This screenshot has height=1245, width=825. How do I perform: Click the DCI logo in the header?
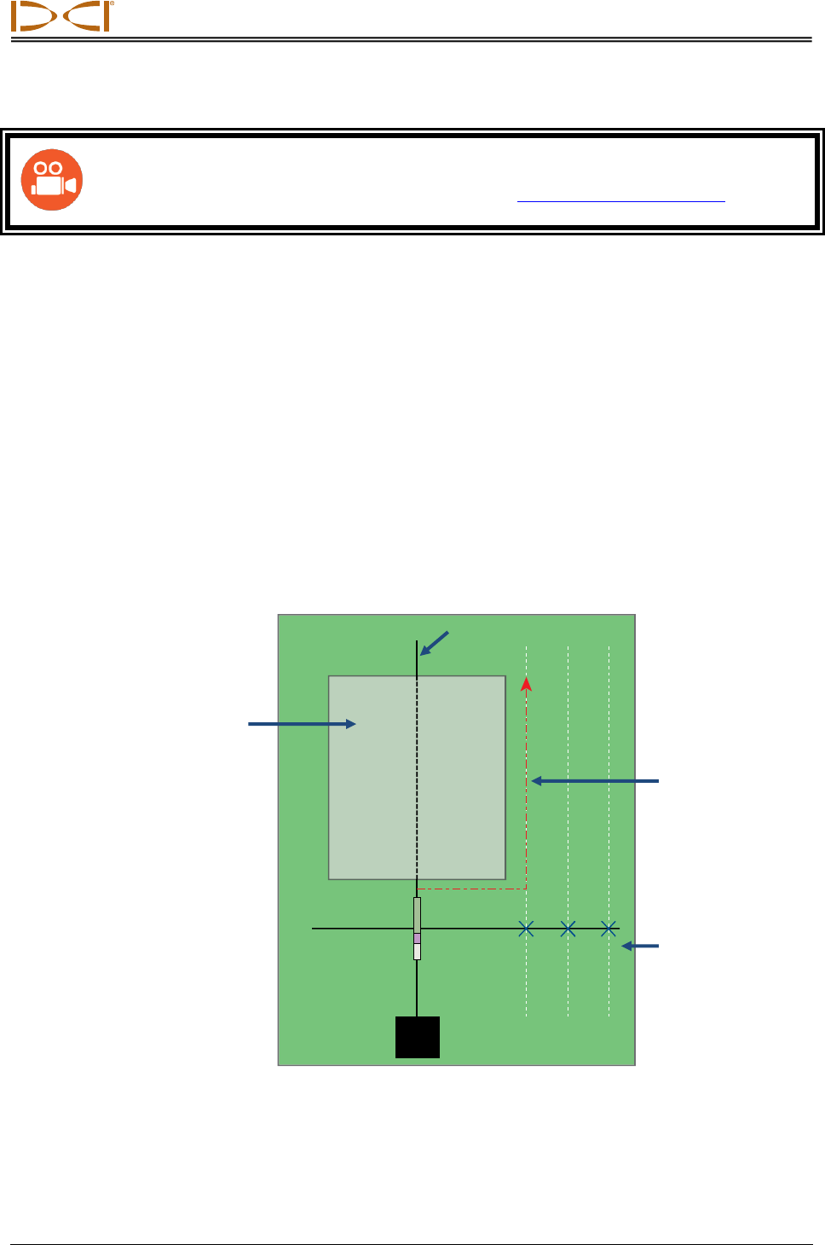coord(61,17)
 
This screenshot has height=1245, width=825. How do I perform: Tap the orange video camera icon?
coord(52,180)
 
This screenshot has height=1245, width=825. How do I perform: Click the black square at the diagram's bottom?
coord(418,1037)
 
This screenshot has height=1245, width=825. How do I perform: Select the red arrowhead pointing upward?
coord(527,684)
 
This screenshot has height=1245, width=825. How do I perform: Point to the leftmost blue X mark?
coord(527,929)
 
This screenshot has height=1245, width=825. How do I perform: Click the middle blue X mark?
coord(568,929)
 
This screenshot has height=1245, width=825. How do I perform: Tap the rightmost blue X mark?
coord(609,929)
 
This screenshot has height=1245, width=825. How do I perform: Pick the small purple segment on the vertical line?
coord(417,938)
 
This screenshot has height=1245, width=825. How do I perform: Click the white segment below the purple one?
coord(417,952)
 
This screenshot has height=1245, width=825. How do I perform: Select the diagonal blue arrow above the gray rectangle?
coord(434,643)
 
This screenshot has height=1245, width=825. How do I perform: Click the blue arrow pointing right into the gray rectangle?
coord(302,724)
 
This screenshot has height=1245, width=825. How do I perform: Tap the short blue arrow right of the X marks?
coord(640,946)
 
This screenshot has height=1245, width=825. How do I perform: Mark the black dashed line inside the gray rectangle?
coord(417,776)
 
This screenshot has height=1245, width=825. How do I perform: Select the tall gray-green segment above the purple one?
coord(417,914)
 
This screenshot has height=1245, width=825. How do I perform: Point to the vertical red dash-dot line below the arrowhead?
coord(527,793)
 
